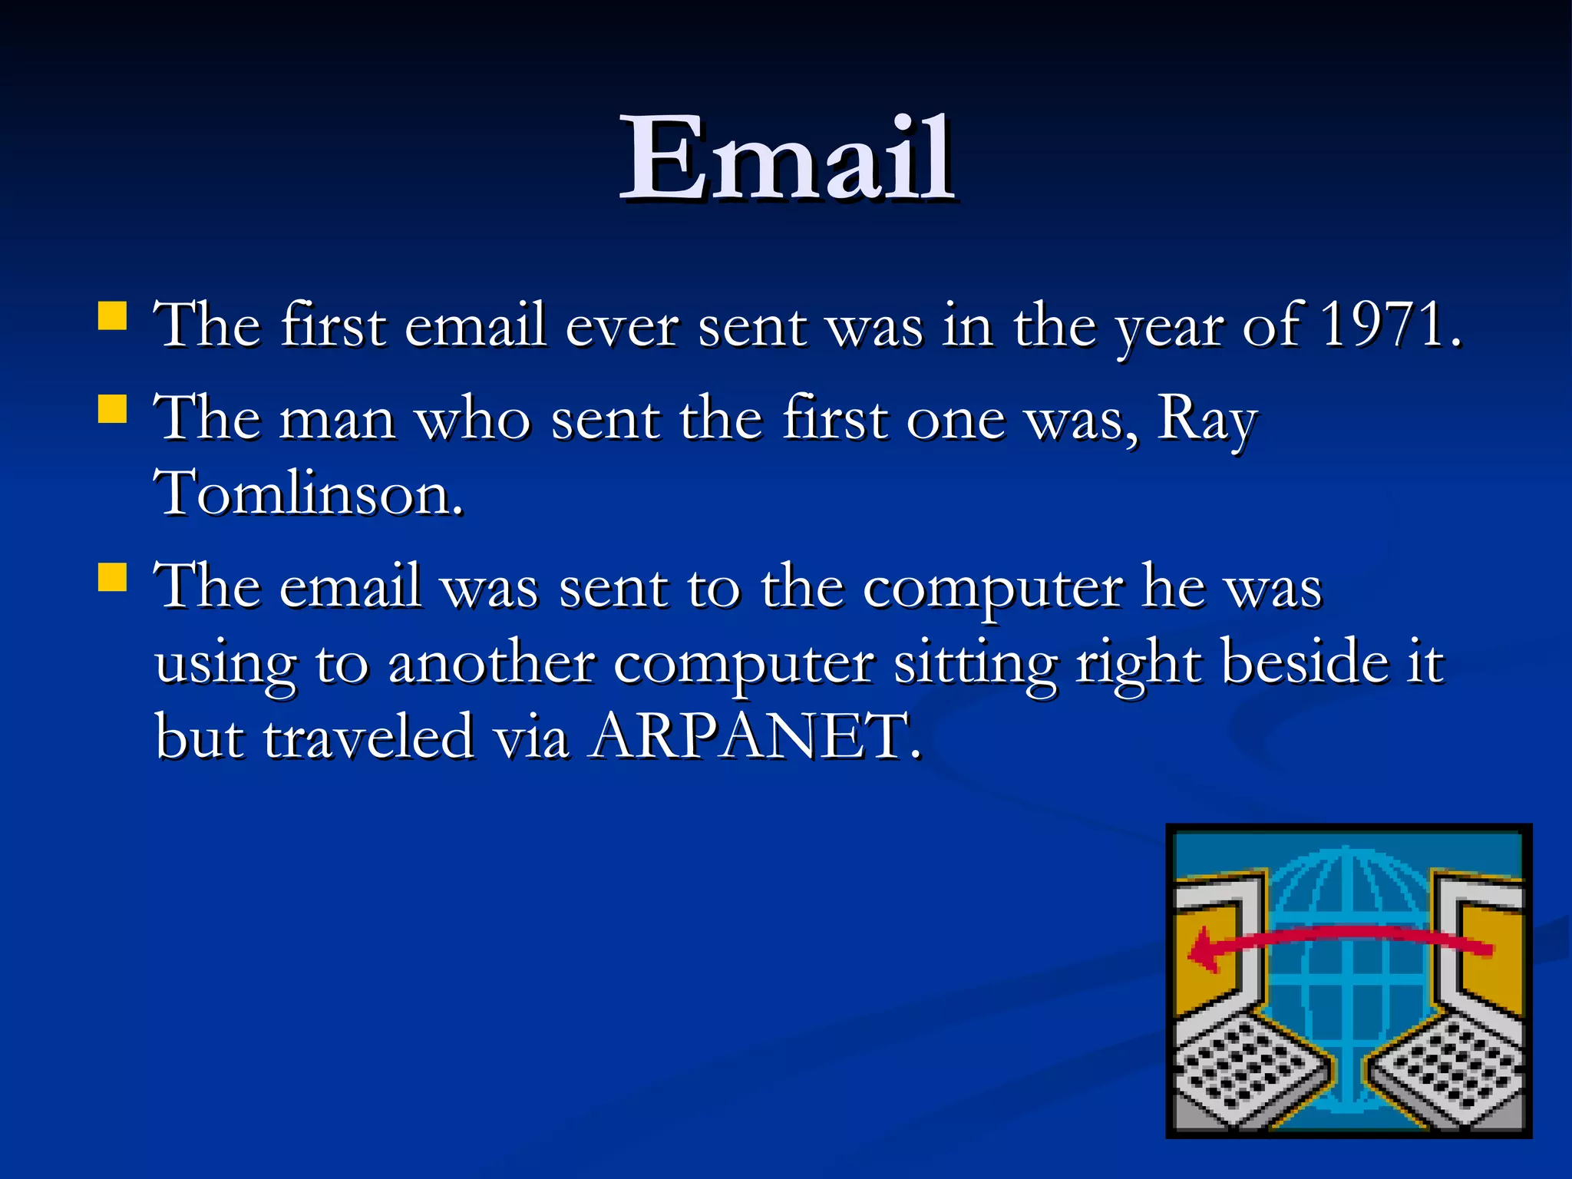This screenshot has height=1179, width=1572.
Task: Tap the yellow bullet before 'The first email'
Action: pos(113,315)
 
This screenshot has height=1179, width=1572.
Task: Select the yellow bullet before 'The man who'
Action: pos(113,409)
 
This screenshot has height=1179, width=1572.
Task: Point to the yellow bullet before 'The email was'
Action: pos(113,578)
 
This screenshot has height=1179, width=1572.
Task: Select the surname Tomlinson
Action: pos(309,494)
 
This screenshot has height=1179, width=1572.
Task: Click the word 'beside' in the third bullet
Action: pos(1304,662)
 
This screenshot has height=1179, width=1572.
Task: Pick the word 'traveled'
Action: pos(368,736)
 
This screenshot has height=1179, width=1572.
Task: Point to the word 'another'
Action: pos(491,662)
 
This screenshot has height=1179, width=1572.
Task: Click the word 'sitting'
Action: pos(975,663)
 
